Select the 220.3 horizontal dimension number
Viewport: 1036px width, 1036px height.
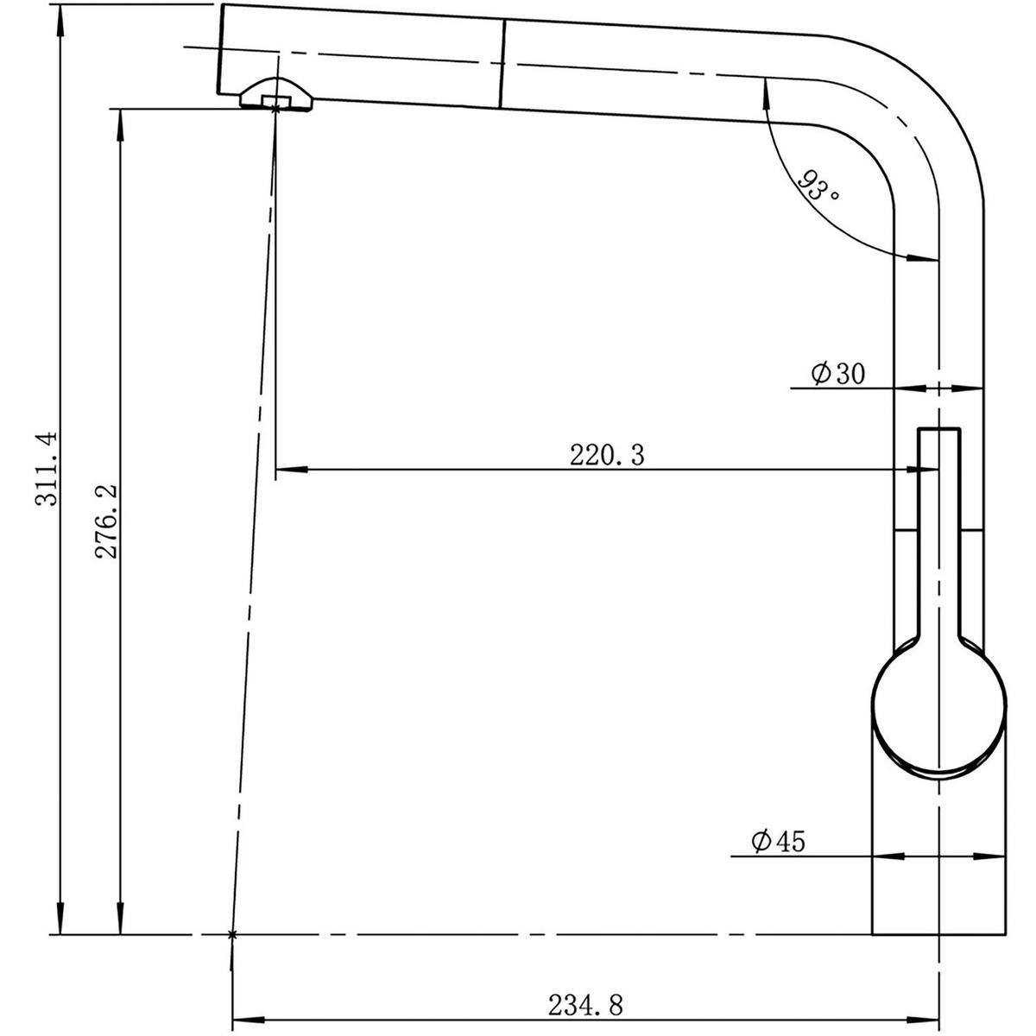(x=606, y=455)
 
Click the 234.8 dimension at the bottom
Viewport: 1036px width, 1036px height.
(x=584, y=1005)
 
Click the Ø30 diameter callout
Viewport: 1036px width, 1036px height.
(x=837, y=373)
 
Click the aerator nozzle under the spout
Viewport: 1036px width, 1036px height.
(x=275, y=93)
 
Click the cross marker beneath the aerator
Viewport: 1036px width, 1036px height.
(x=275, y=107)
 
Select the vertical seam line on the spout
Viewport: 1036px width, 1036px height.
(x=502, y=64)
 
